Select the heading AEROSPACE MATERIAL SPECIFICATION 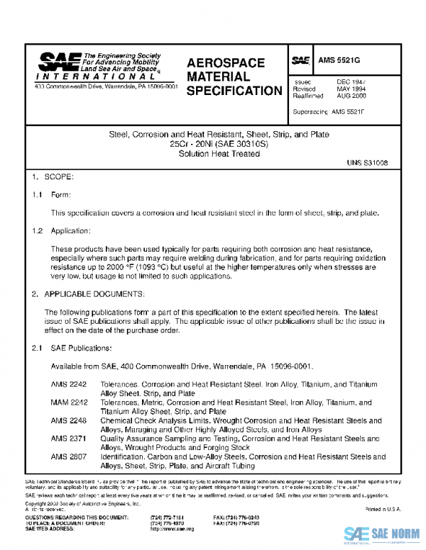pyautogui.click(x=234, y=77)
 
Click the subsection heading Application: pyautogui.click(x=71, y=232)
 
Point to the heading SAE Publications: pyautogui.click(x=82, y=348)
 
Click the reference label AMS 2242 pyautogui.click(x=68, y=385)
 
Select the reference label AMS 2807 pyautogui.click(x=68, y=457)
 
